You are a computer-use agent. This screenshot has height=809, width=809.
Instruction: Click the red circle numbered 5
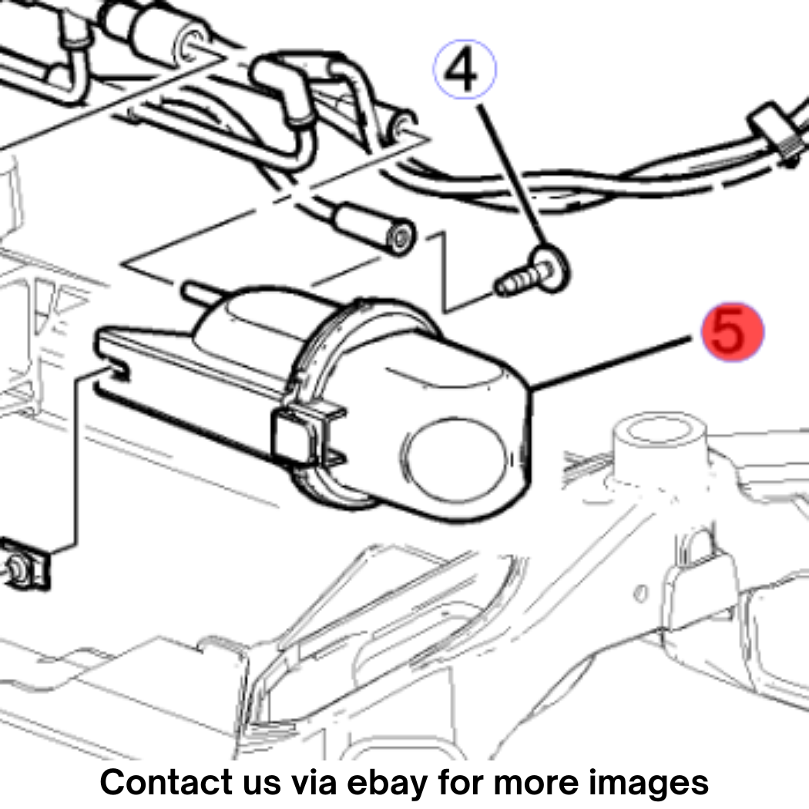[x=732, y=332]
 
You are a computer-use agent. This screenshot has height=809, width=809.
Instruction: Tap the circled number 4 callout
[x=465, y=69]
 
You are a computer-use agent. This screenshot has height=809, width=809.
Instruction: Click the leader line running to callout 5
[x=610, y=363]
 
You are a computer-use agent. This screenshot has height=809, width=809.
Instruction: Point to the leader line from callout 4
[x=514, y=174]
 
